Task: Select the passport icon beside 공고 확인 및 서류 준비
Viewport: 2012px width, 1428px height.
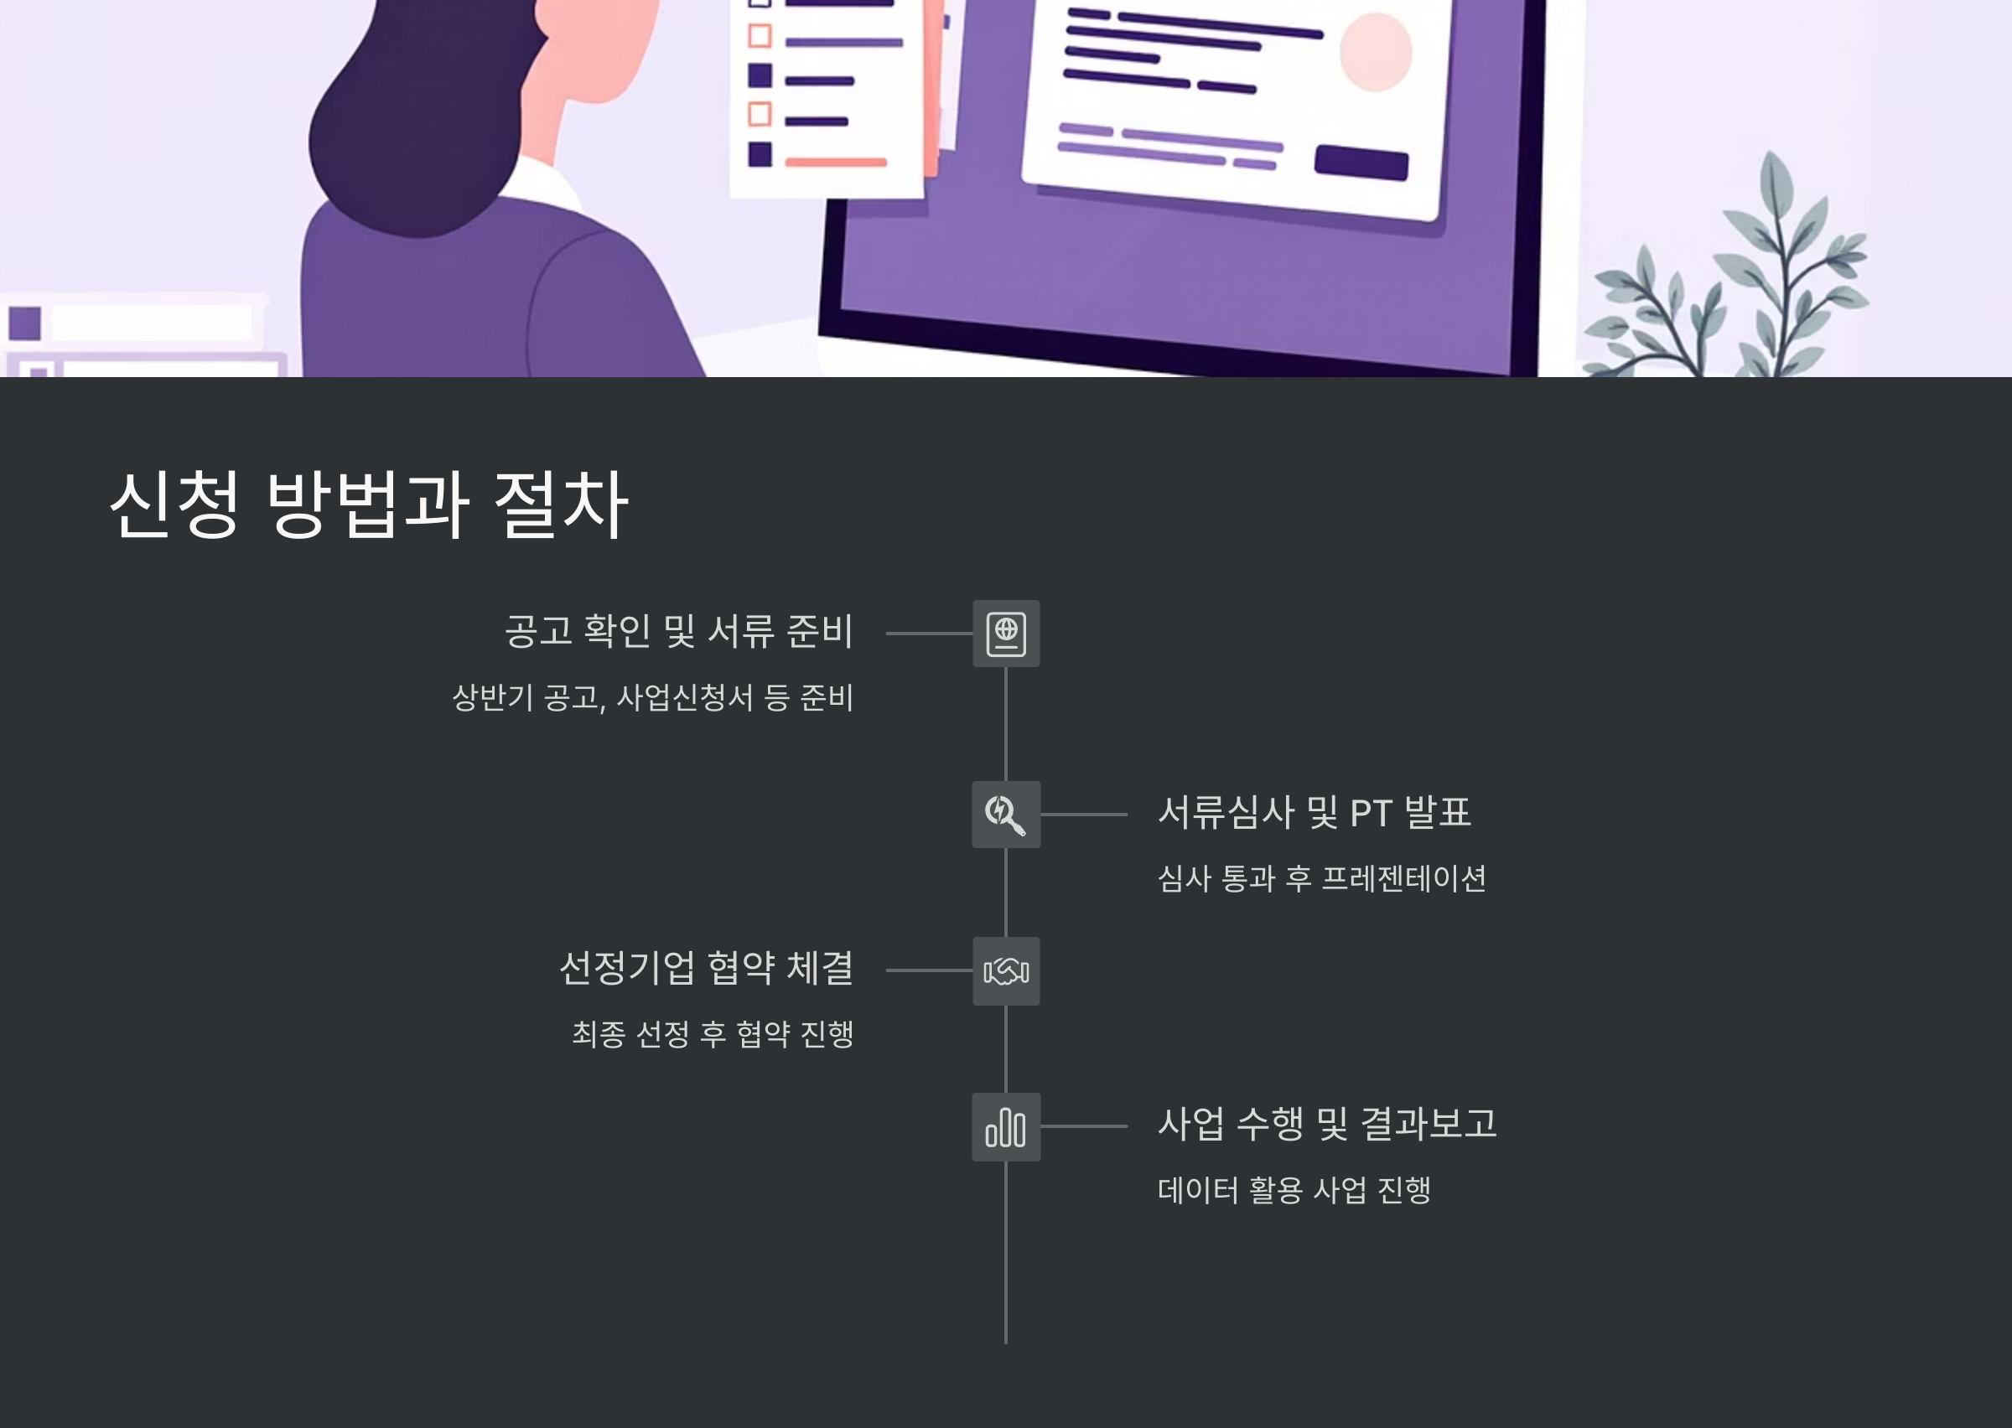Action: [1006, 633]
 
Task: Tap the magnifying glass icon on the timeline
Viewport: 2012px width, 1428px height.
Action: [1006, 815]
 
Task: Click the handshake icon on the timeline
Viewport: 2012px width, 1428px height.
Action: [1006, 970]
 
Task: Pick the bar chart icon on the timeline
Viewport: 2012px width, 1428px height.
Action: [1006, 1127]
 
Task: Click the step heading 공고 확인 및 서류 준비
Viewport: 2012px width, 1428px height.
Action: [678, 631]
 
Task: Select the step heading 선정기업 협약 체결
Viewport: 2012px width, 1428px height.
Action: [706, 968]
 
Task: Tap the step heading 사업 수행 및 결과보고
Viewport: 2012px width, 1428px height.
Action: [1327, 1124]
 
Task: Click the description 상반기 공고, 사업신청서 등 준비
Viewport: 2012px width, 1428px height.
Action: [652, 697]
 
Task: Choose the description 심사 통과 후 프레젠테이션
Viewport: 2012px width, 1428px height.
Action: [1322, 878]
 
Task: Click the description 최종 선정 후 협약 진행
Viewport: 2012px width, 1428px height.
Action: [713, 1034]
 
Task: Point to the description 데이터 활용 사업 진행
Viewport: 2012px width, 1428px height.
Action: [1294, 1191]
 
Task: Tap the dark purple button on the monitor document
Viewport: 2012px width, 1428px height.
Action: [1361, 163]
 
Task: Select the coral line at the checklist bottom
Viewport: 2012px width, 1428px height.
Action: [836, 162]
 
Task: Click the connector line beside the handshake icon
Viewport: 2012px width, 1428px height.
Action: [929, 970]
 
